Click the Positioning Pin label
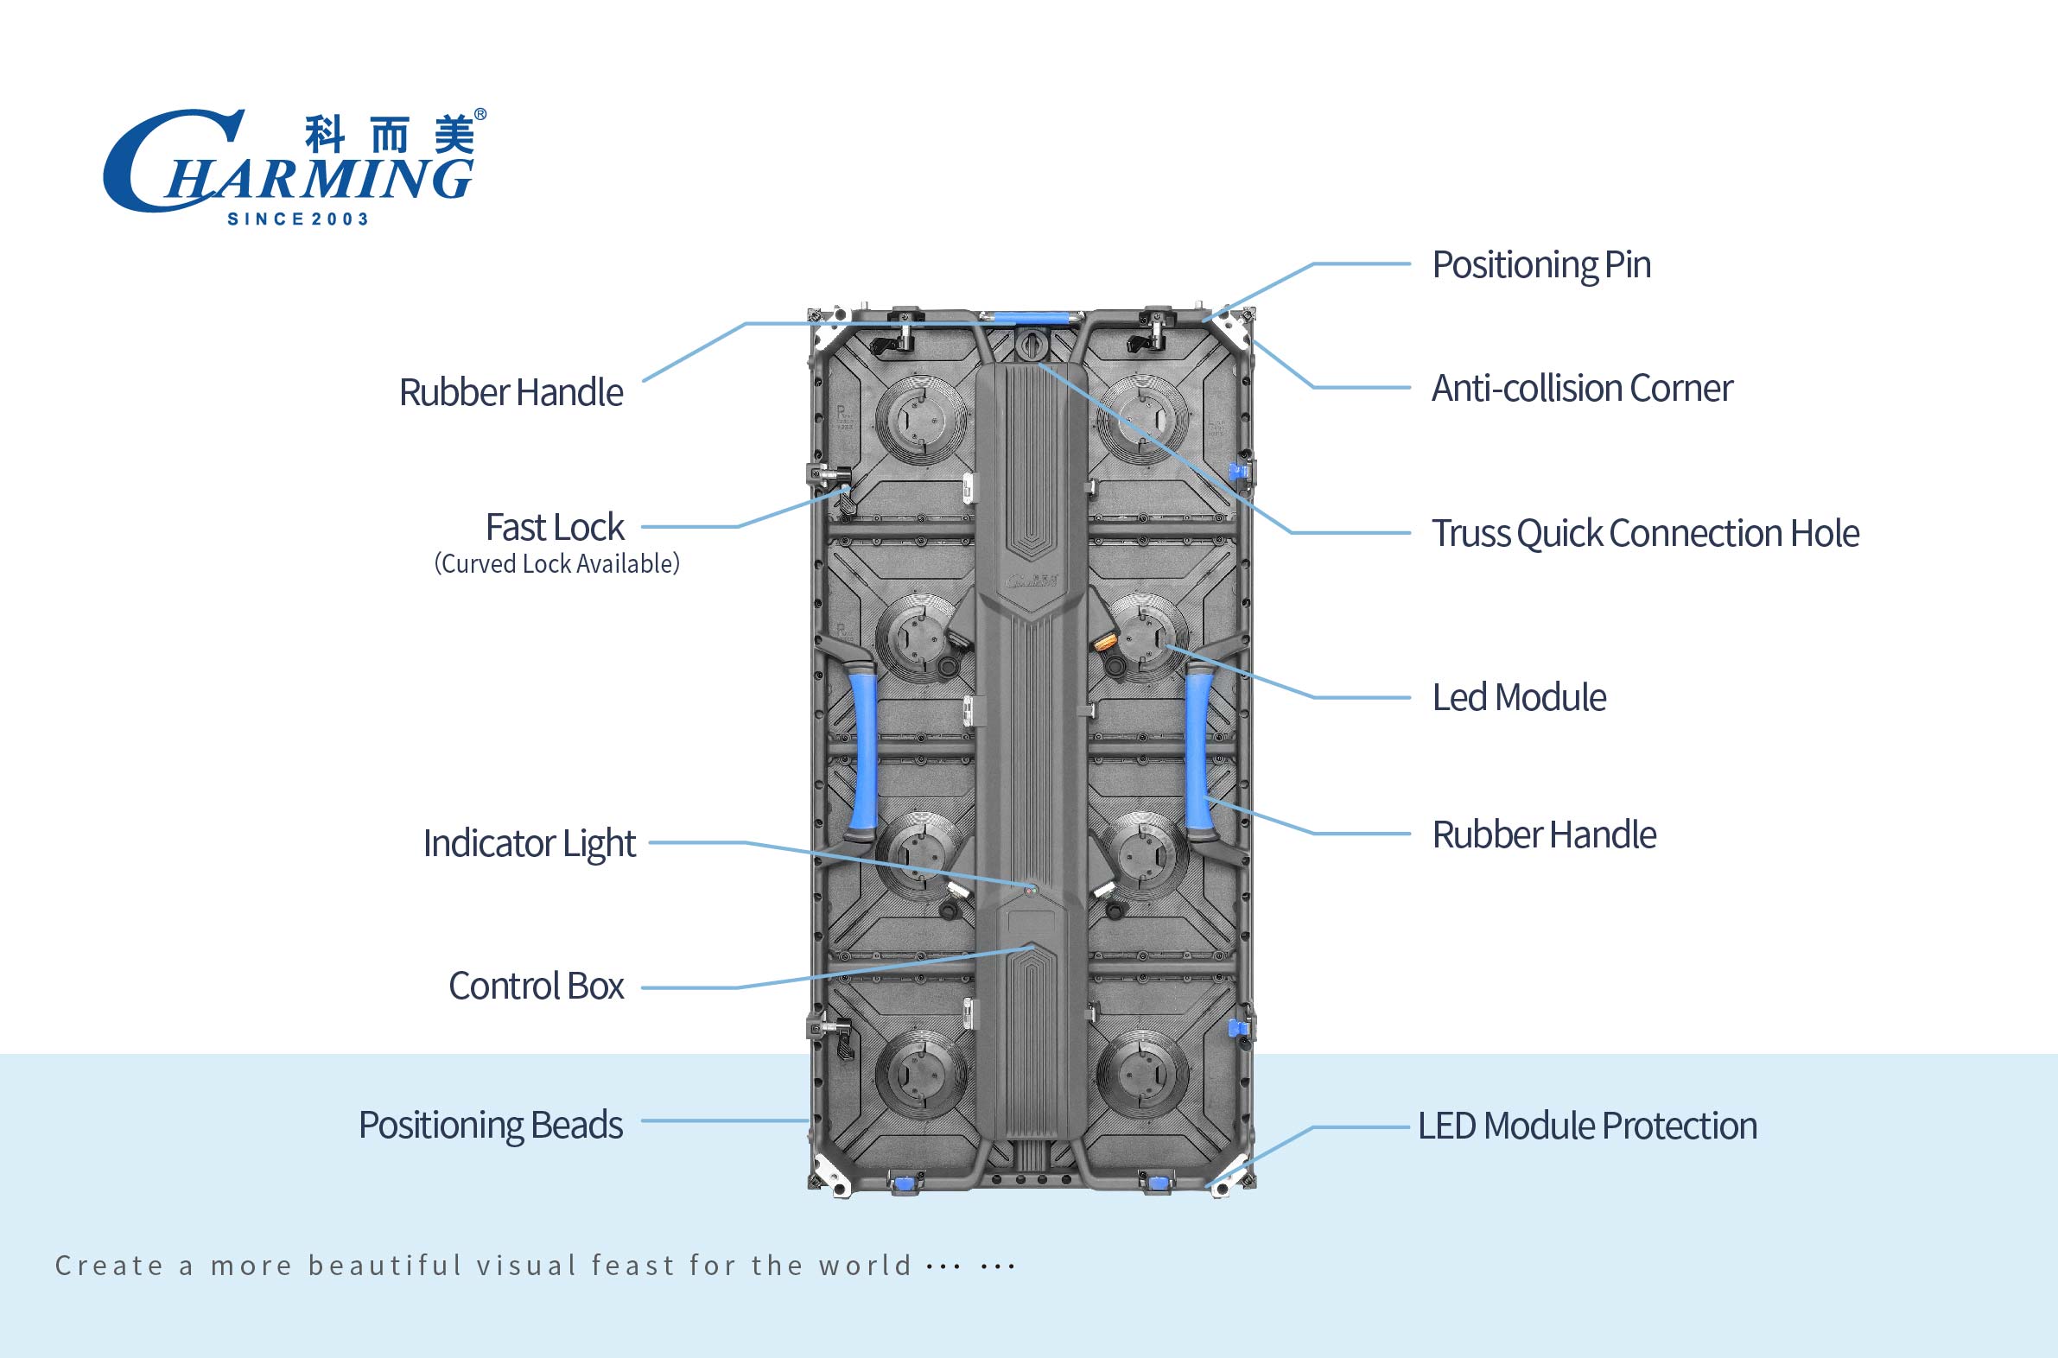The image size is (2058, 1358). (x=1540, y=264)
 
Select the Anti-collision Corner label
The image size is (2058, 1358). (x=1582, y=388)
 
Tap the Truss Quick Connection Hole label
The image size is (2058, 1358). (x=1645, y=534)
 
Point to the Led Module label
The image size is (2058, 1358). (x=1518, y=697)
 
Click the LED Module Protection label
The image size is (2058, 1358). (x=1587, y=1126)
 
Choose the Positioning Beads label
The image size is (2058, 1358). (x=490, y=1125)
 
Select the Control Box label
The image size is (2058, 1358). (x=536, y=986)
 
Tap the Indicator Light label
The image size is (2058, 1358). (x=530, y=842)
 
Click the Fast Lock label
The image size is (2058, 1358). (x=555, y=527)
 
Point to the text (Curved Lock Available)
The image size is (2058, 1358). (x=557, y=564)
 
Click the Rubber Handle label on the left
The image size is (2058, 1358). (x=510, y=392)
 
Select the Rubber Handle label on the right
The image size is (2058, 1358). (x=1543, y=834)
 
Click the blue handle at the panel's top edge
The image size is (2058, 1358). (x=1031, y=318)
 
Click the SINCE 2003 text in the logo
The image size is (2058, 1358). (x=298, y=219)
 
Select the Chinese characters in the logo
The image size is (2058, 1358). (x=390, y=135)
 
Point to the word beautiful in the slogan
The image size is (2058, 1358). (x=385, y=1266)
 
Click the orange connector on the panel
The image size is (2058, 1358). (x=1105, y=642)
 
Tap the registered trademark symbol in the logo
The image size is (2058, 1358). (x=480, y=114)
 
